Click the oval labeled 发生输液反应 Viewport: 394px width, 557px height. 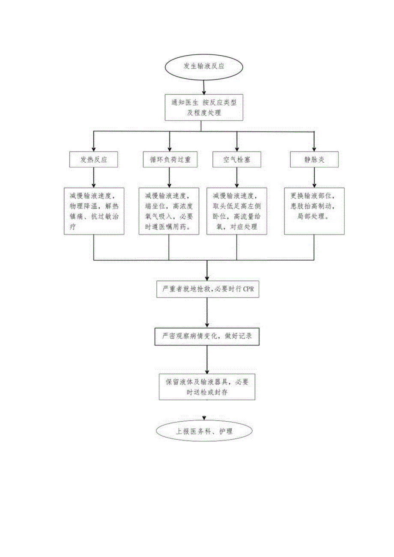pos(203,67)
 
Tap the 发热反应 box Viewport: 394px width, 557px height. pos(93,160)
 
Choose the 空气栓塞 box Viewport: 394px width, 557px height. pos(237,160)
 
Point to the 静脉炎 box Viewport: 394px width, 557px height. pos(314,160)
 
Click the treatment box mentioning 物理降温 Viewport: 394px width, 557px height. pos(95,211)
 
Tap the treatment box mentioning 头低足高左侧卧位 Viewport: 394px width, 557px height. pos(237,211)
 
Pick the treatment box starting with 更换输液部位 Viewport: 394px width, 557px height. pos(314,211)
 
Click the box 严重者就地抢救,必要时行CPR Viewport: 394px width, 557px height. pos(207,290)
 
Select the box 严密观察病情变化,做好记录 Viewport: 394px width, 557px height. pos(207,337)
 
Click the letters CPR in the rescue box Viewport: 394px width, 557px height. pos(248,290)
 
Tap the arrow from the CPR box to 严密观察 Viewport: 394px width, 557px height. pos(207,313)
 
